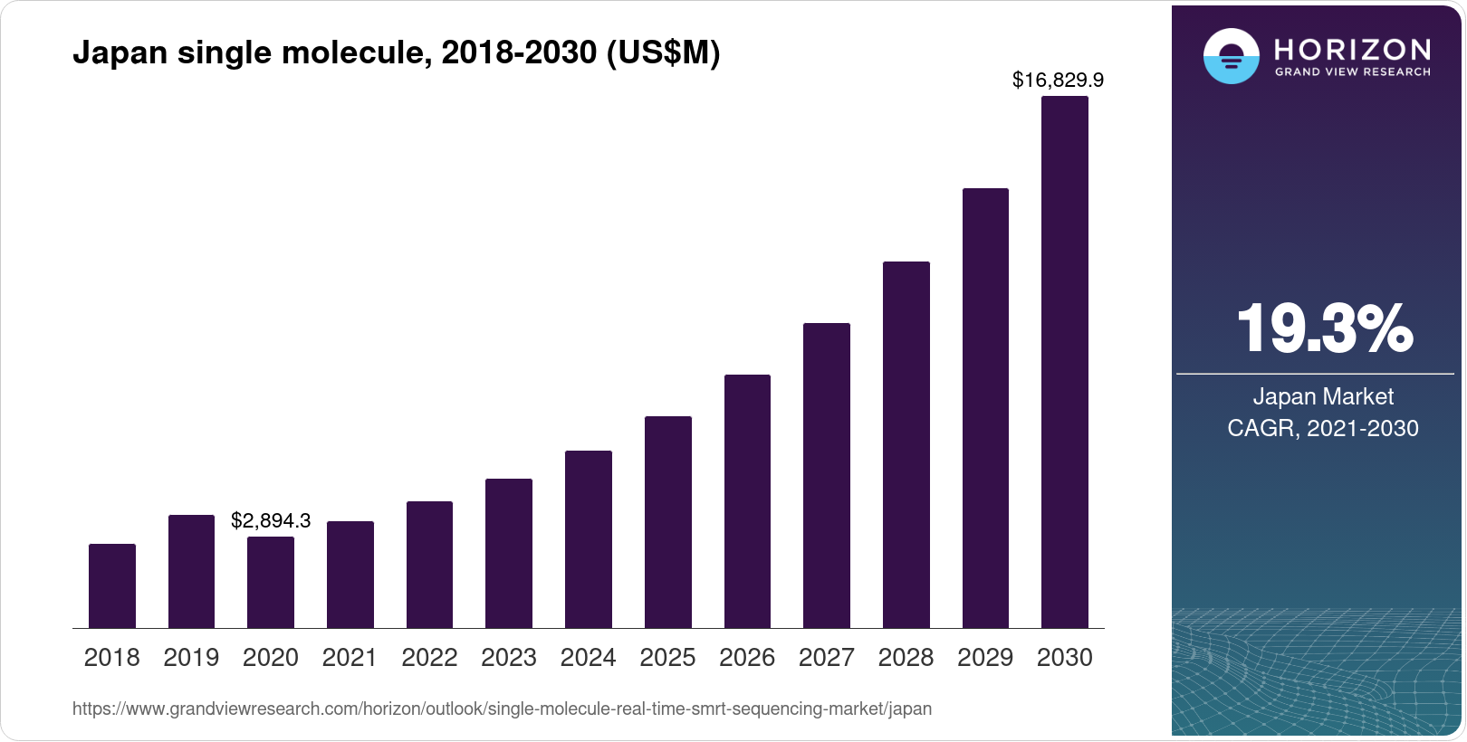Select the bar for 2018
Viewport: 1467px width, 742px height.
[x=112, y=585]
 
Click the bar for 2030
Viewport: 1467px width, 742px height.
[x=1065, y=362]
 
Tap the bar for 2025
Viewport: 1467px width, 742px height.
[x=668, y=522]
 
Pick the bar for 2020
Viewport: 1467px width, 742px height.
[x=271, y=582]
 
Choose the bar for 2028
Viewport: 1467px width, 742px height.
[x=906, y=444]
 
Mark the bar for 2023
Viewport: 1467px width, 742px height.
[x=509, y=553]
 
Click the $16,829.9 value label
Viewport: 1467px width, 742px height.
[x=1058, y=81]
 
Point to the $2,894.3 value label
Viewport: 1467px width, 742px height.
[x=271, y=520]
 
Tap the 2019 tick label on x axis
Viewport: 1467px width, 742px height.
[x=191, y=658]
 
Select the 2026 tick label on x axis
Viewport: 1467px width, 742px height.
[x=747, y=658]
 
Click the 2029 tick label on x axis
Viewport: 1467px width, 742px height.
[x=985, y=658]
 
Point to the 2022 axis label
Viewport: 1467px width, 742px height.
[x=429, y=658]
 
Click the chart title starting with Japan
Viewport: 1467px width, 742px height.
[x=397, y=52]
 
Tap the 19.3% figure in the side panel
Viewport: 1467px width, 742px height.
[x=1323, y=328]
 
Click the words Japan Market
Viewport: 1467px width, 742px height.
[x=1323, y=396]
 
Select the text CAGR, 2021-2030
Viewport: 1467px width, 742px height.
[x=1323, y=428]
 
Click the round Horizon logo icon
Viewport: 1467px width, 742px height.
[x=1231, y=56]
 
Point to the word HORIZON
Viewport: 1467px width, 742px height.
[x=1353, y=49]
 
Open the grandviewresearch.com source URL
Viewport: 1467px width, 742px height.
[x=502, y=709]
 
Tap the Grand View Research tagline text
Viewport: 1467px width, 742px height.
[x=1353, y=71]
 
